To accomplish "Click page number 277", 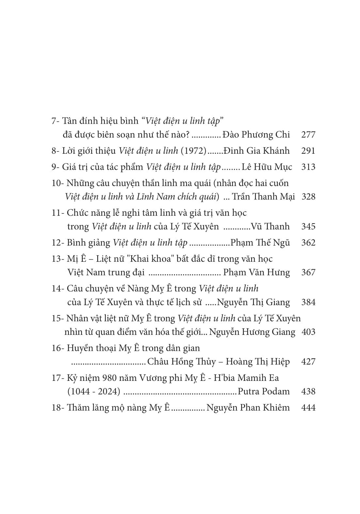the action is [x=308, y=134].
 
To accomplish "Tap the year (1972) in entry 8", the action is [x=193, y=151].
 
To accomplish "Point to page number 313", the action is [x=308, y=167].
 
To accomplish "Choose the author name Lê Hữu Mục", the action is [x=267, y=167].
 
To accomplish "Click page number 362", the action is [x=308, y=242].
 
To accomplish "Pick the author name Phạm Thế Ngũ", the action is [x=260, y=242].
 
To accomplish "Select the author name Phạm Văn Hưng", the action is [x=256, y=272].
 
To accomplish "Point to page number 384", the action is [x=308, y=302].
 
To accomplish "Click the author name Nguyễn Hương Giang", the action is [x=252, y=332].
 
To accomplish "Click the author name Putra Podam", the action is [x=264, y=391].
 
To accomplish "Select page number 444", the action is [x=308, y=407].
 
